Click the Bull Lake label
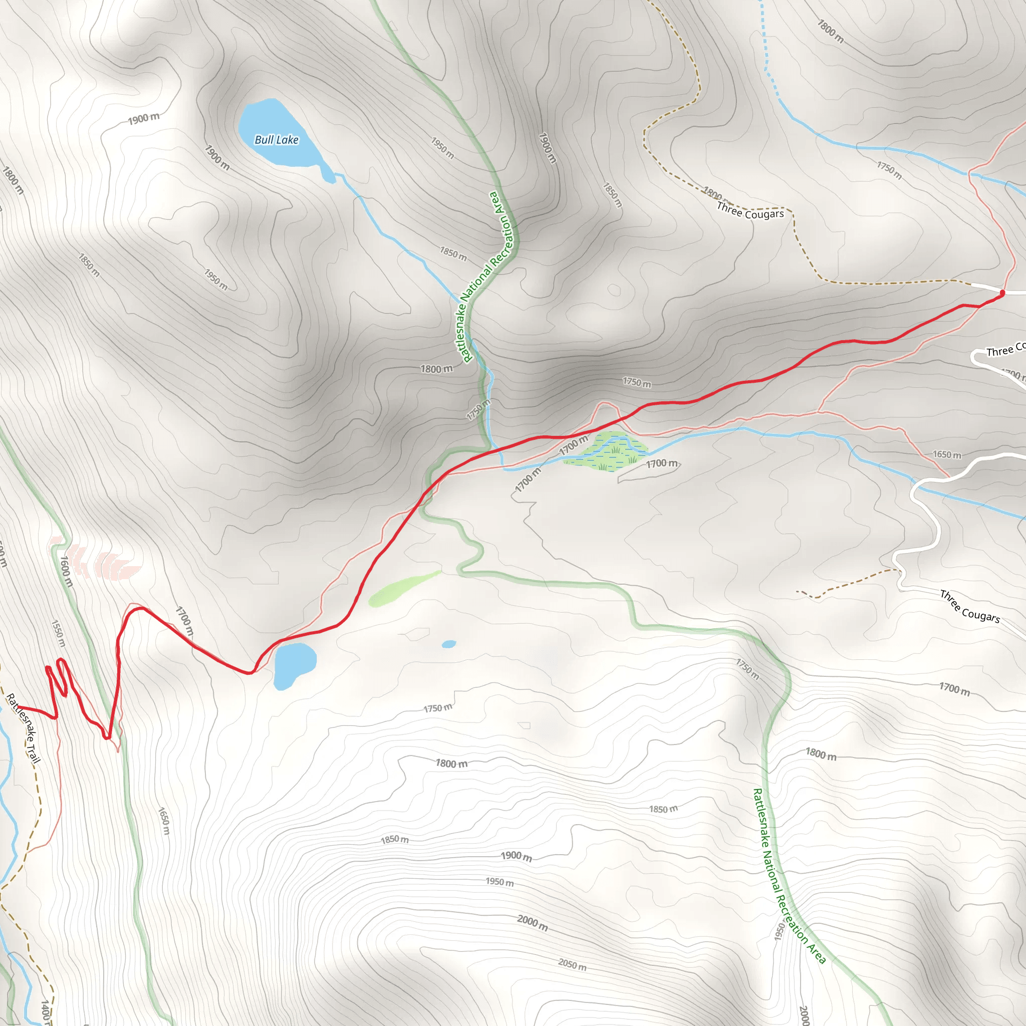276,140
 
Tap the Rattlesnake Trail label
24,728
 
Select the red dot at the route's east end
1002,293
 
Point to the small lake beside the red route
294,665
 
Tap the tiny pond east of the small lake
449,644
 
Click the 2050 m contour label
572,964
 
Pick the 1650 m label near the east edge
947,454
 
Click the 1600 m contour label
65,571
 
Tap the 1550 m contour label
59,633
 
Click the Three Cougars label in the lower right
970,606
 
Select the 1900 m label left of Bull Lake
144,118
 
